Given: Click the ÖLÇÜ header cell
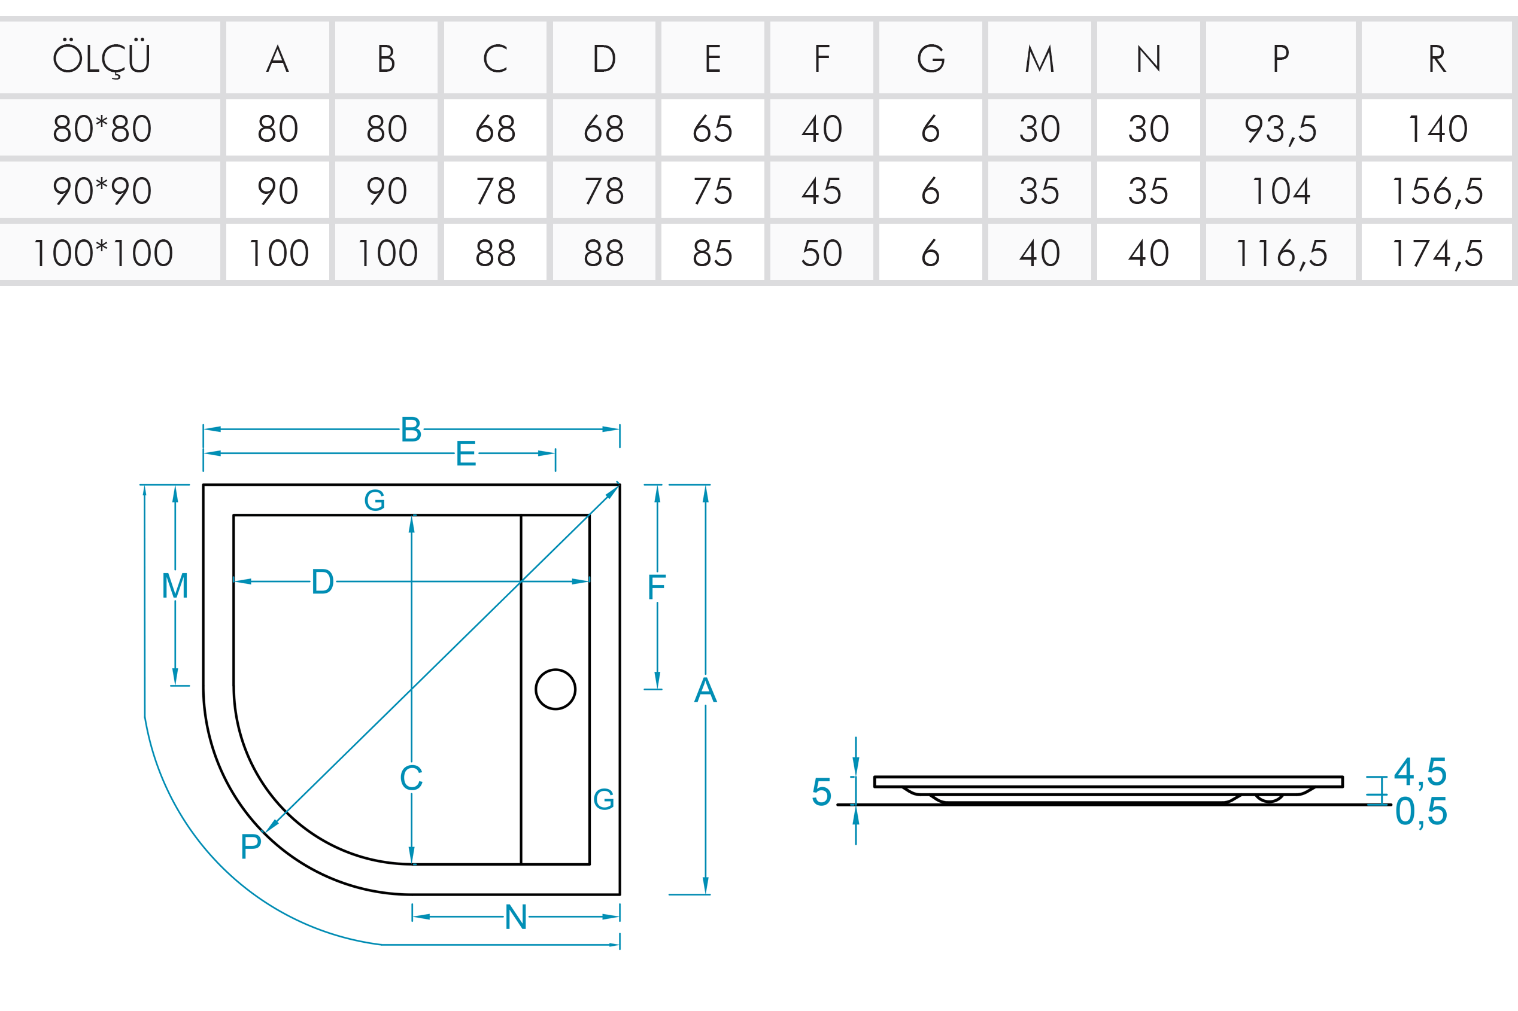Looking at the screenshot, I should click(x=102, y=59).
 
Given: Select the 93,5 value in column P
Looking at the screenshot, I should click(x=1280, y=128).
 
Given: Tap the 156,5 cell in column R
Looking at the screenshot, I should click(x=1437, y=191).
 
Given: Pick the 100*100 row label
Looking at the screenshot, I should click(x=102, y=252).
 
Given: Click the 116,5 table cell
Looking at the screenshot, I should click(x=1280, y=252).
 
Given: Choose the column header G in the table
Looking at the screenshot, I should click(x=930, y=59).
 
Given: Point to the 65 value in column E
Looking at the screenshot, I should click(x=712, y=128).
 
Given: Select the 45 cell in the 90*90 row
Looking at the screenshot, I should click(x=821, y=191).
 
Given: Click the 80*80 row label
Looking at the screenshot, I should click(x=102, y=128).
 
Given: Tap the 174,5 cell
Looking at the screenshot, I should click(x=1437, y=252).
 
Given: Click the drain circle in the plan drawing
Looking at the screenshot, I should click(x=555, y=689).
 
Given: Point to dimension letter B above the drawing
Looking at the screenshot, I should click(x=411, y=430).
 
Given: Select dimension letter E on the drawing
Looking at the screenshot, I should click(x=466, y=454).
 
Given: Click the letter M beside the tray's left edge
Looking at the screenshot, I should click(x=175, y=586).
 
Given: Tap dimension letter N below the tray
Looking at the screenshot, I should click(x=516, y=917).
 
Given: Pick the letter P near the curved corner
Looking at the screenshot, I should click(x=251, y=846).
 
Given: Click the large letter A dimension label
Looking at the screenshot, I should click(x=705, y=690).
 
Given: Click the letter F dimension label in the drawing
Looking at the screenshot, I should click(x=656, y=587).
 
